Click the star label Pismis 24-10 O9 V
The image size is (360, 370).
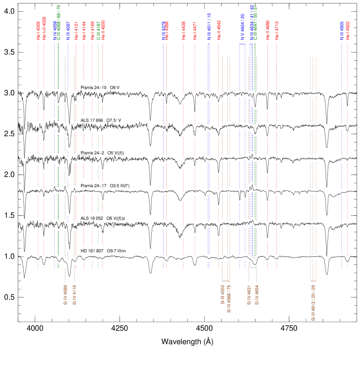point(103,88)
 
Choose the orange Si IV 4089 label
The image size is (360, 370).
point(65,295)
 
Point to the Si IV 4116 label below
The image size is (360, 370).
point(74,295)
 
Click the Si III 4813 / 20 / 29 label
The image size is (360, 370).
point(313,303)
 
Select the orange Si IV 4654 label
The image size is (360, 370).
point(257,295)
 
